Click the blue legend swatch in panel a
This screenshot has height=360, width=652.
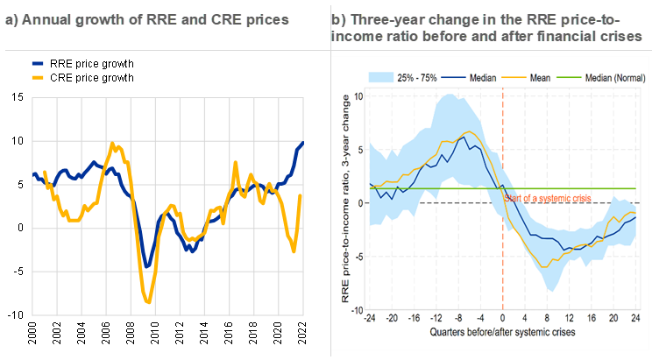[x=38, y=64]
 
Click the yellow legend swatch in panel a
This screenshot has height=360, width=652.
[x=38, y=76]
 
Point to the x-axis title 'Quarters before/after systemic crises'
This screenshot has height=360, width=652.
[x=502, y=334]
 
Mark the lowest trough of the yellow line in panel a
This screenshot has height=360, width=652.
[x=147, y=303]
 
